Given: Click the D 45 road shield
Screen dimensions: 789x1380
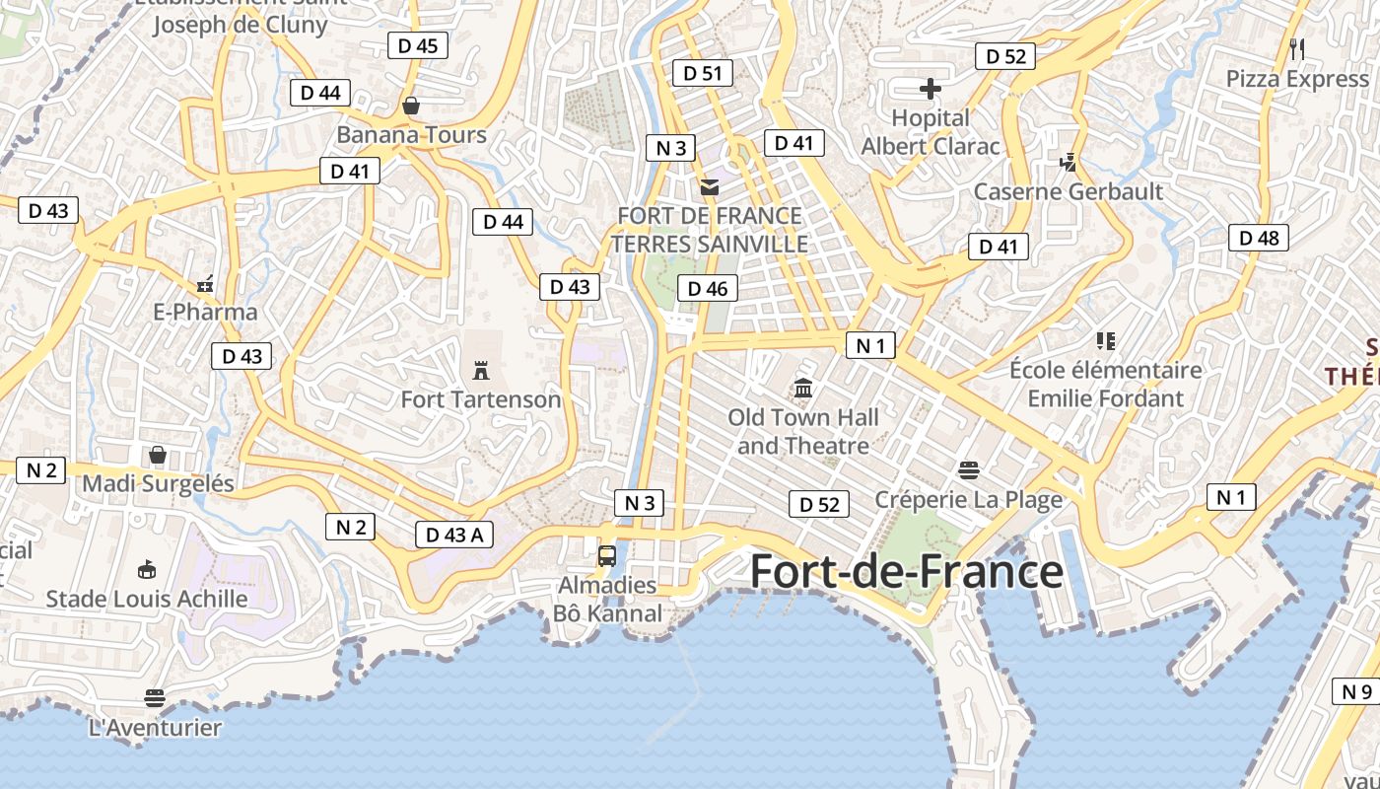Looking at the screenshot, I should (x=418, y=45).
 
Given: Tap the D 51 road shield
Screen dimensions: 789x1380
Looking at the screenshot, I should (x=703, y=72).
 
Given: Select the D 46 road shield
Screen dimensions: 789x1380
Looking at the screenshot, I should (x=708, y=288).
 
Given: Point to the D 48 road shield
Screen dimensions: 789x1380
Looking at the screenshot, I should (x=1259, y=237).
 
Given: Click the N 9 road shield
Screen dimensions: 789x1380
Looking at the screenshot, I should (x=1357, y=691).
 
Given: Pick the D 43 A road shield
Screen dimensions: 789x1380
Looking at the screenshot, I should (x=454, y=535).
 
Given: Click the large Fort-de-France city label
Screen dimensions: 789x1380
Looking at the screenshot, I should (x=907, y=572).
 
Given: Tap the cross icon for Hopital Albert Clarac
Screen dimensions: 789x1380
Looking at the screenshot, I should (x=931, y=90).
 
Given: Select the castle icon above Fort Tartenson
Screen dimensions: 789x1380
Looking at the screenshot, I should (x=481, y=371).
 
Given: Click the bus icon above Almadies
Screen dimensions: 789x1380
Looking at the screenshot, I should (x=607, y=555).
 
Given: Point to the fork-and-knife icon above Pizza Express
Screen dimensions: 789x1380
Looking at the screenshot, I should (x=1297, y=48).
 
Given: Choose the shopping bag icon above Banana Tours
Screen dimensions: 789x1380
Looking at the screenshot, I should (x=411, y=105).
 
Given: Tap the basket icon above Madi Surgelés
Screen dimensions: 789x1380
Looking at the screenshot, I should (x=158, y=455).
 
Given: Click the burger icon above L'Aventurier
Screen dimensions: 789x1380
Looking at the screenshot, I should (x=155, y=698).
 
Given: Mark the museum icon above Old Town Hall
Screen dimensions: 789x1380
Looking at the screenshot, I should (x=803, y=389).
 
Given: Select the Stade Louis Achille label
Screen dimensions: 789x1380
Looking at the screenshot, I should (x=147, y=599).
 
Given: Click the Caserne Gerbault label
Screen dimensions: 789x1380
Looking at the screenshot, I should (x=1069, y=191).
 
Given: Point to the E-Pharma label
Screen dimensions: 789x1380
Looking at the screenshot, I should (x=205, y=312).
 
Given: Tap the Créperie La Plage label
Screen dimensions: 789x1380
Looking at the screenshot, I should (x=969, y=499).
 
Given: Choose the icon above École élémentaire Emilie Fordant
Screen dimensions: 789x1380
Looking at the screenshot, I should (x=1105, y=341).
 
